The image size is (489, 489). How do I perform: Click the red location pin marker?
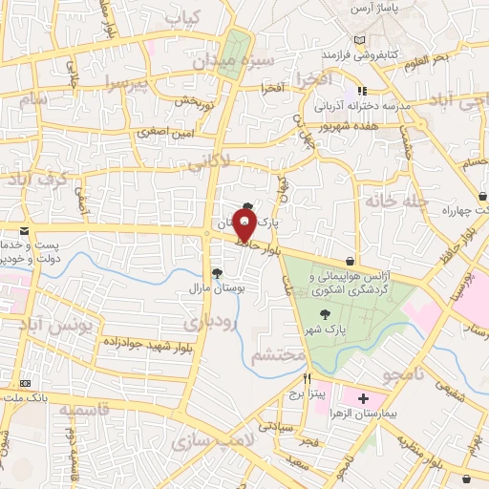tap(244, 227)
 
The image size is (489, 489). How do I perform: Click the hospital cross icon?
tap(363, 397)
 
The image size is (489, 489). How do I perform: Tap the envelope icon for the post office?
tap(24, 231)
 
